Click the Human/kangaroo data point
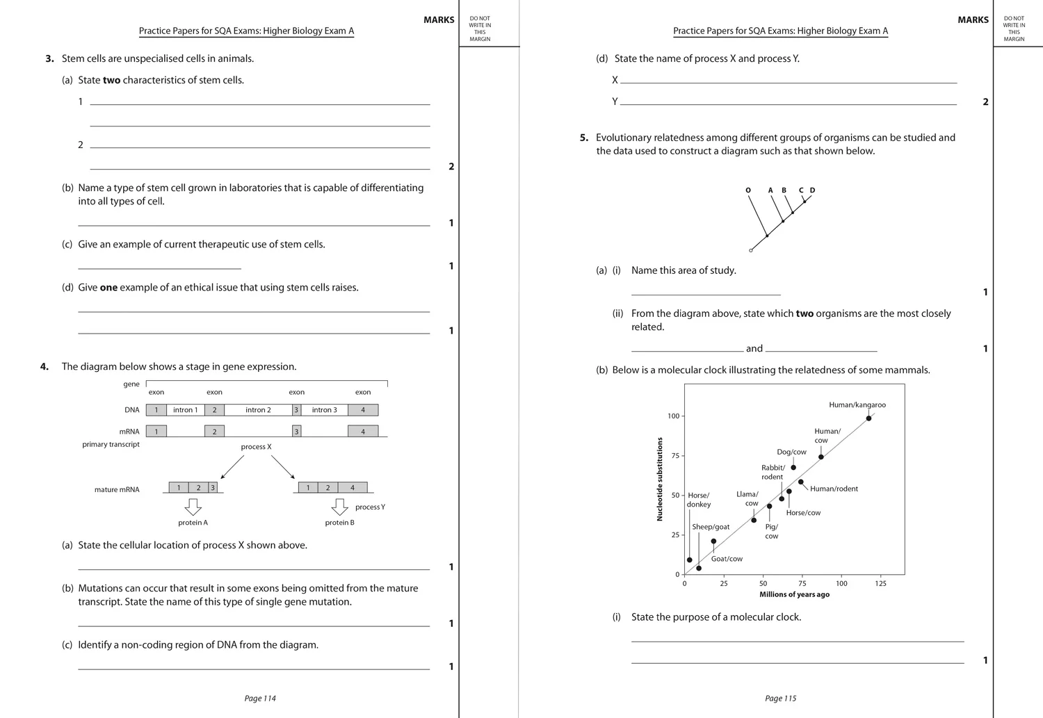coord(868,418)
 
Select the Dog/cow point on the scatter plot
coord(793,468)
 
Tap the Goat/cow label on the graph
coord(727,559)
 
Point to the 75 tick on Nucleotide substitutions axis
coord(674,456)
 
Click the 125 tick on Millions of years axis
coord(880,584)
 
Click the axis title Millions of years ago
coord(794,594)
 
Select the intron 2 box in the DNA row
coord(258,410)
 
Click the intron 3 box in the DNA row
coord(324,410)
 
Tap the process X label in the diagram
coord(256,447)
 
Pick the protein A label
coord(193,523)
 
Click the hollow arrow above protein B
coord(339,507)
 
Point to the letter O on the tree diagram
coord(748,190)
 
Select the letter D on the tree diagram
coord(812,190)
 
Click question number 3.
coord(49,59)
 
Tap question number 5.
coord(584,138)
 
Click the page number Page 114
coord(260,699)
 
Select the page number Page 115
coord(780,699)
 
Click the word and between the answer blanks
coord(754,349)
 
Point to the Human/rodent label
coord(834,489)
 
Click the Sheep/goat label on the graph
coord(711,527)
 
